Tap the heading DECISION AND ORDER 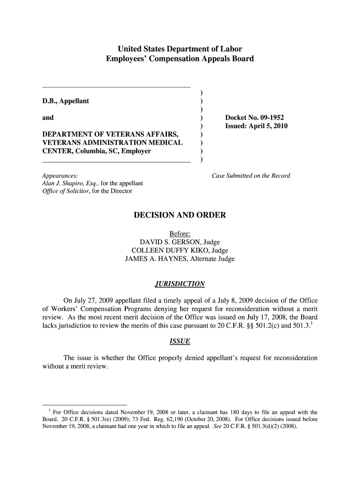point(180,215)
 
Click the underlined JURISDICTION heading point(180,284)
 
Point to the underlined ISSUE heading point(180,341)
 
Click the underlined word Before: point(180,234)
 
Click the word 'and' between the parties point(48,118)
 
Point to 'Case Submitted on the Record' point(251,176)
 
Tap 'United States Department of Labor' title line point(180,49)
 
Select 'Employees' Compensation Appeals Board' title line point(180,59)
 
